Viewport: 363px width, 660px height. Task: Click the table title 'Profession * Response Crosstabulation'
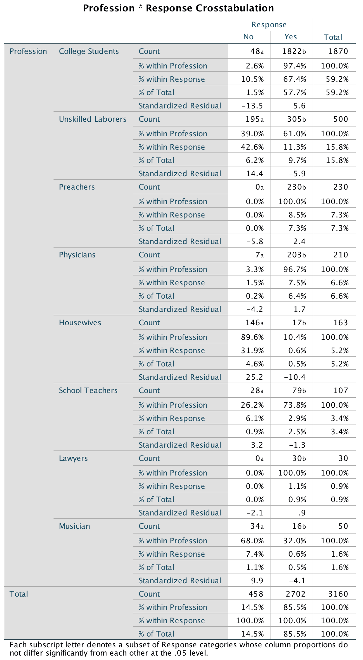(x=178, y=8)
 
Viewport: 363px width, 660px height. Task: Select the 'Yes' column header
(x=290, y=37)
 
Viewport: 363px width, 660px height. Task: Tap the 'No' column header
(x=248, y=37)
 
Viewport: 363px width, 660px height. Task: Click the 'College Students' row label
(x=89, y=51)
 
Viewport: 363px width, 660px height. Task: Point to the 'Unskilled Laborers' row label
(x=92, y=119)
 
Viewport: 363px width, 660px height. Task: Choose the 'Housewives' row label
(x=80, y=323)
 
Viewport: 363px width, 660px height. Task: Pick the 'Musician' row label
(x=74, y=526)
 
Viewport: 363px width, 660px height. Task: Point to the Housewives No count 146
(x=253, y=323)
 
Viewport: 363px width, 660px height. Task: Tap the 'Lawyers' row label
(x=73, y=458)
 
